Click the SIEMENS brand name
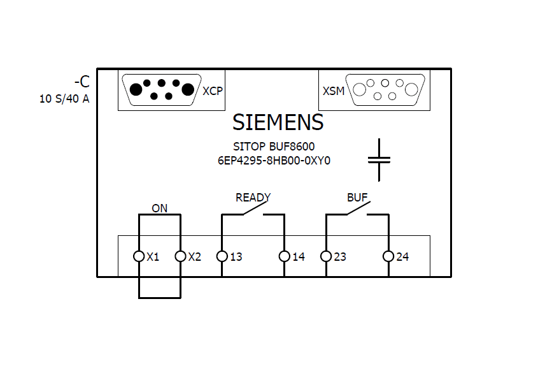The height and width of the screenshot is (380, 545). point(278,122)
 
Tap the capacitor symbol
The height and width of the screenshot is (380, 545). point(379,159)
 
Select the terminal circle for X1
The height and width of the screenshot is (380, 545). point(139,256)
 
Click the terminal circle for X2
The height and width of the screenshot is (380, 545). point(180,256)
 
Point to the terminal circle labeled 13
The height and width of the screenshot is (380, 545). point(222,256)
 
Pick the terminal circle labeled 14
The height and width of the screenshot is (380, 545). point(284,256)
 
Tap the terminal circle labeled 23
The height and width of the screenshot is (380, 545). point(326,256)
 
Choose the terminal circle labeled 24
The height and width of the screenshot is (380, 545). point(388,256)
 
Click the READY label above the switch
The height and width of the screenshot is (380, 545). point(253,198)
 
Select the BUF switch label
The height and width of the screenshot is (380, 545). point(357,198)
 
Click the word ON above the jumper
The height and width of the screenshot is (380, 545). point(159,208)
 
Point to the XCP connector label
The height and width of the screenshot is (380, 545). point(213,91)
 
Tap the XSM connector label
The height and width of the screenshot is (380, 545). point(334,91)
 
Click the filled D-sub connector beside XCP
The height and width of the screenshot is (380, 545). point(161,90)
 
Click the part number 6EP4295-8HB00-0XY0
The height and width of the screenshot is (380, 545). point(274,161)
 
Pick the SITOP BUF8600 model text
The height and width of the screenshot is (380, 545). point(274,147)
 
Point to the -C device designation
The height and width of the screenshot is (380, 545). point(81,82)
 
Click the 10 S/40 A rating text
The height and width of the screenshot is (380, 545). point(64,99)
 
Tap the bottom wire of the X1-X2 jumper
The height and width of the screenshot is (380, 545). point(159,297)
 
